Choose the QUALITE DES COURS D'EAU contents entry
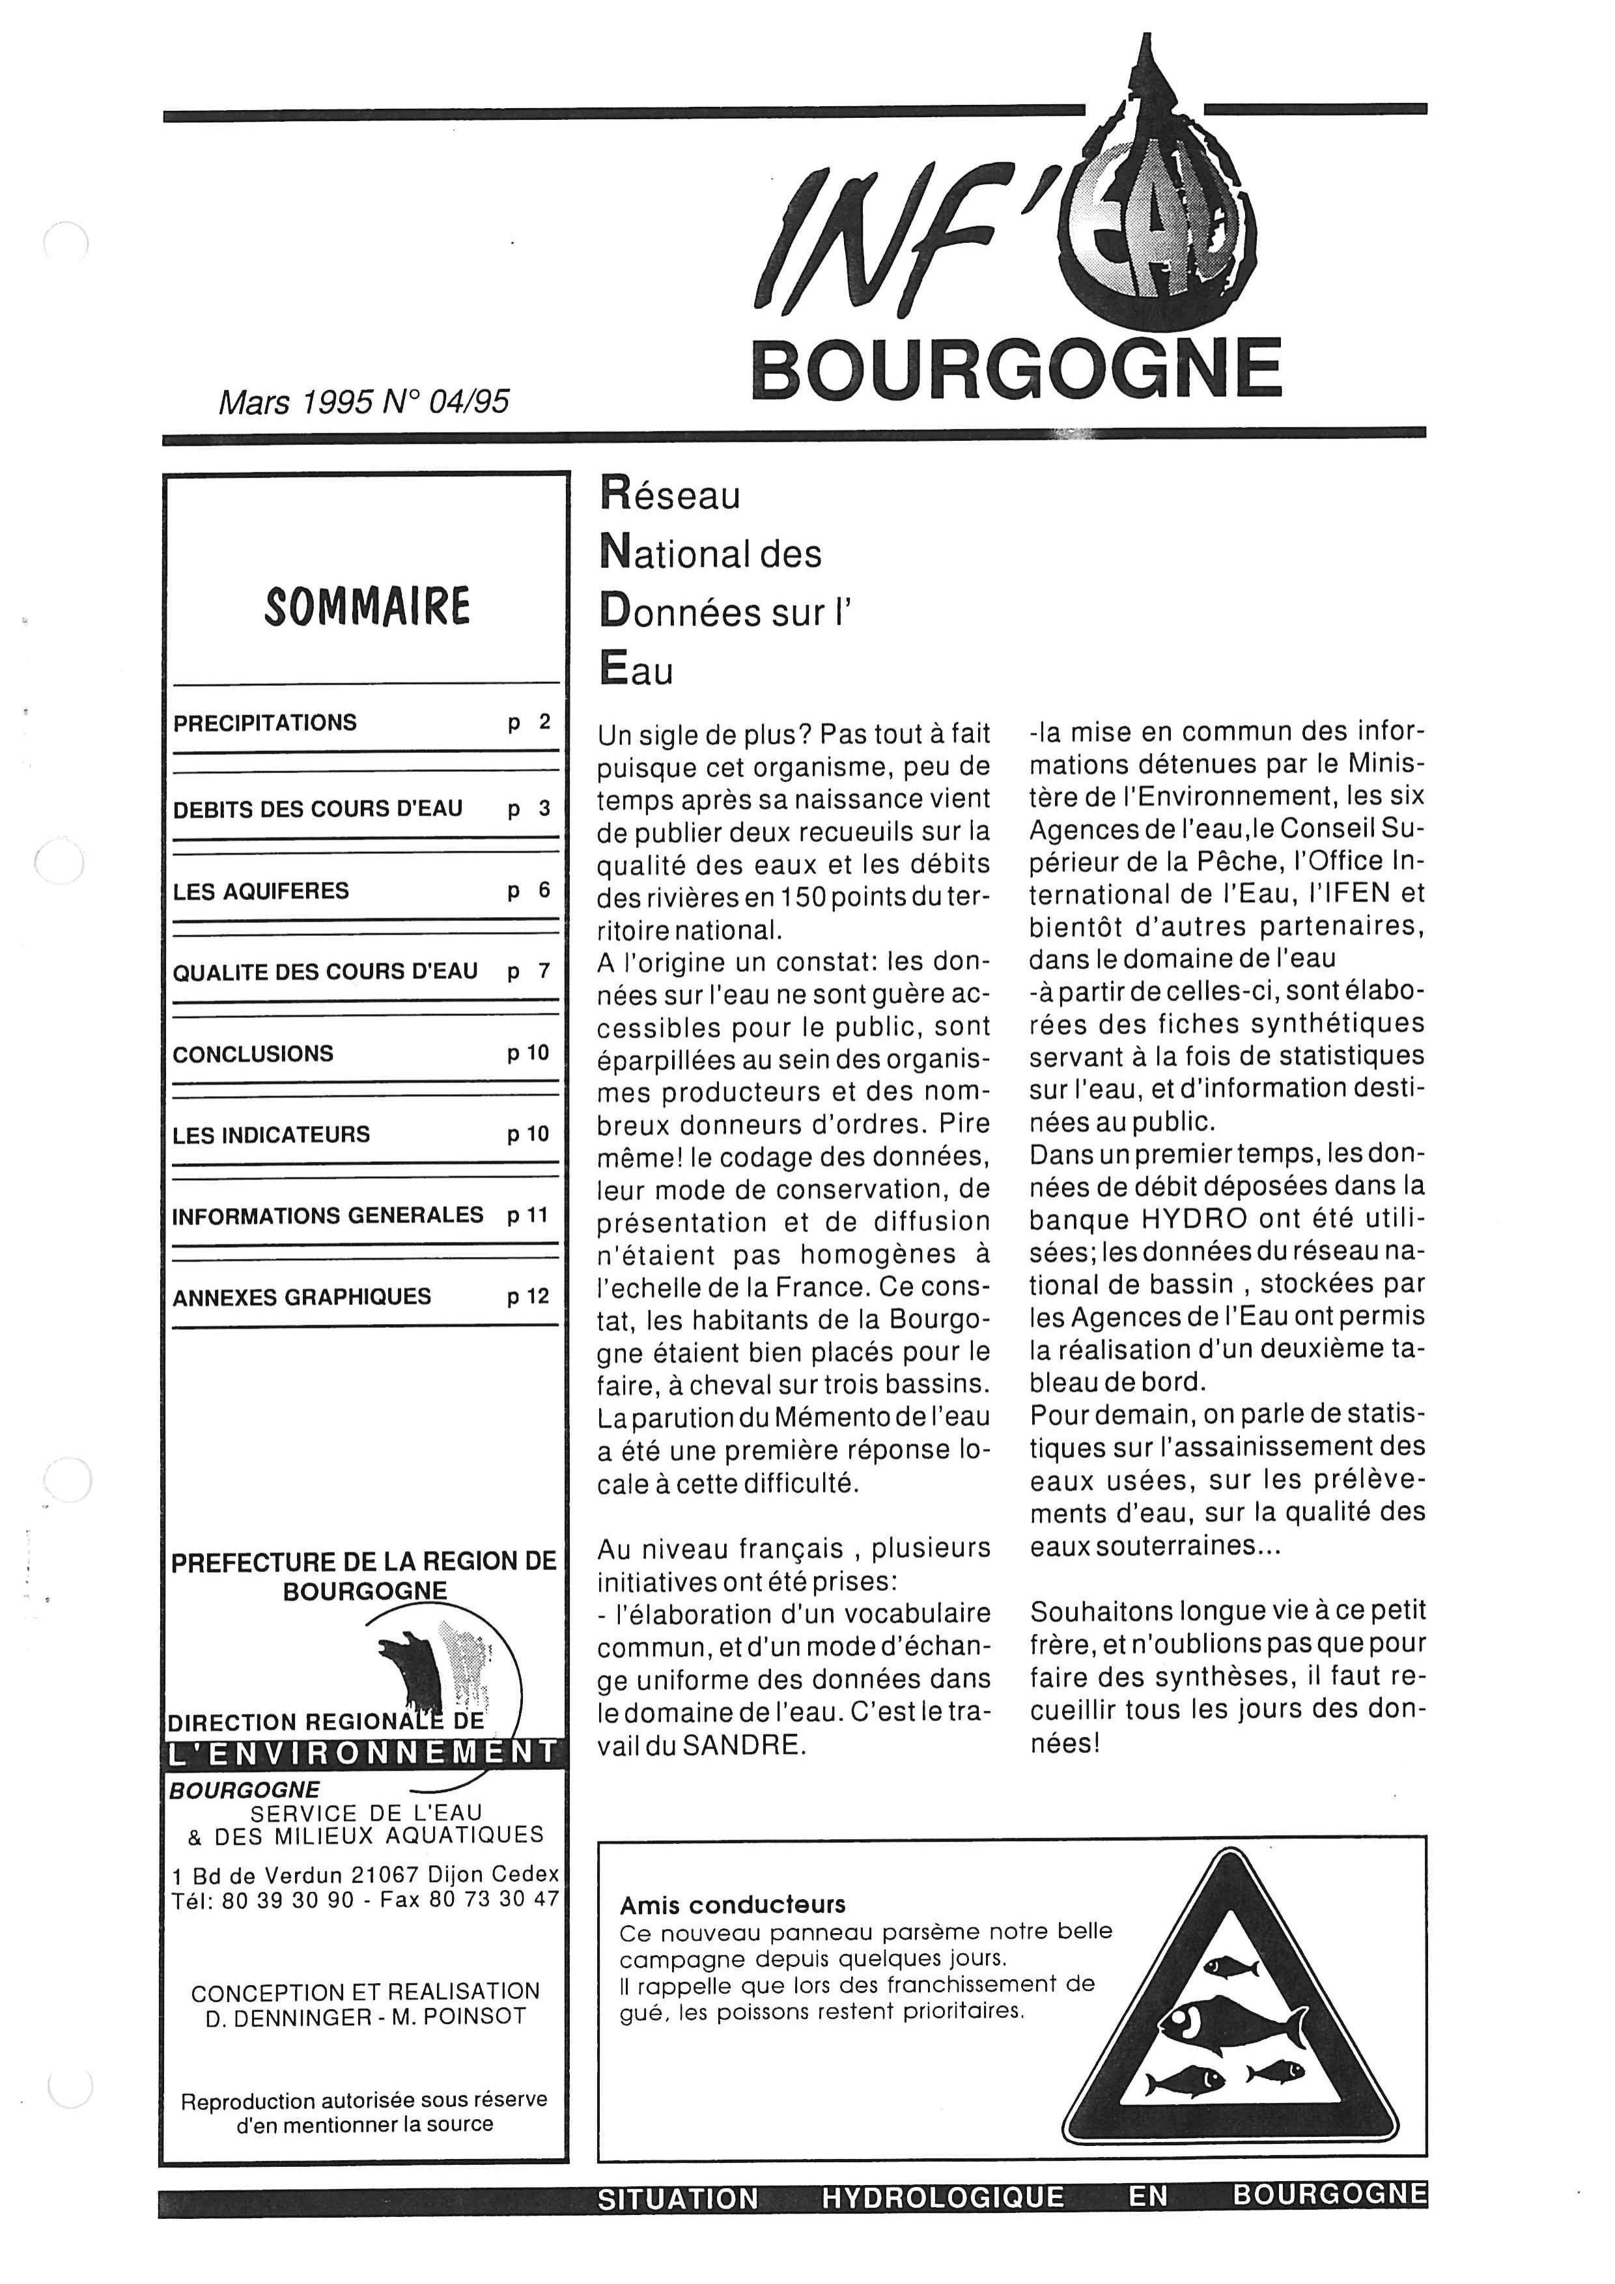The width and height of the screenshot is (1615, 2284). (324, 972)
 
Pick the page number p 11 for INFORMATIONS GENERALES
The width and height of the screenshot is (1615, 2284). (528, 1216)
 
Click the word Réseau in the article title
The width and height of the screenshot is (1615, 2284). (669, 494)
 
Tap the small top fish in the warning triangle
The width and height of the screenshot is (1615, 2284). (1230, 1967)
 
